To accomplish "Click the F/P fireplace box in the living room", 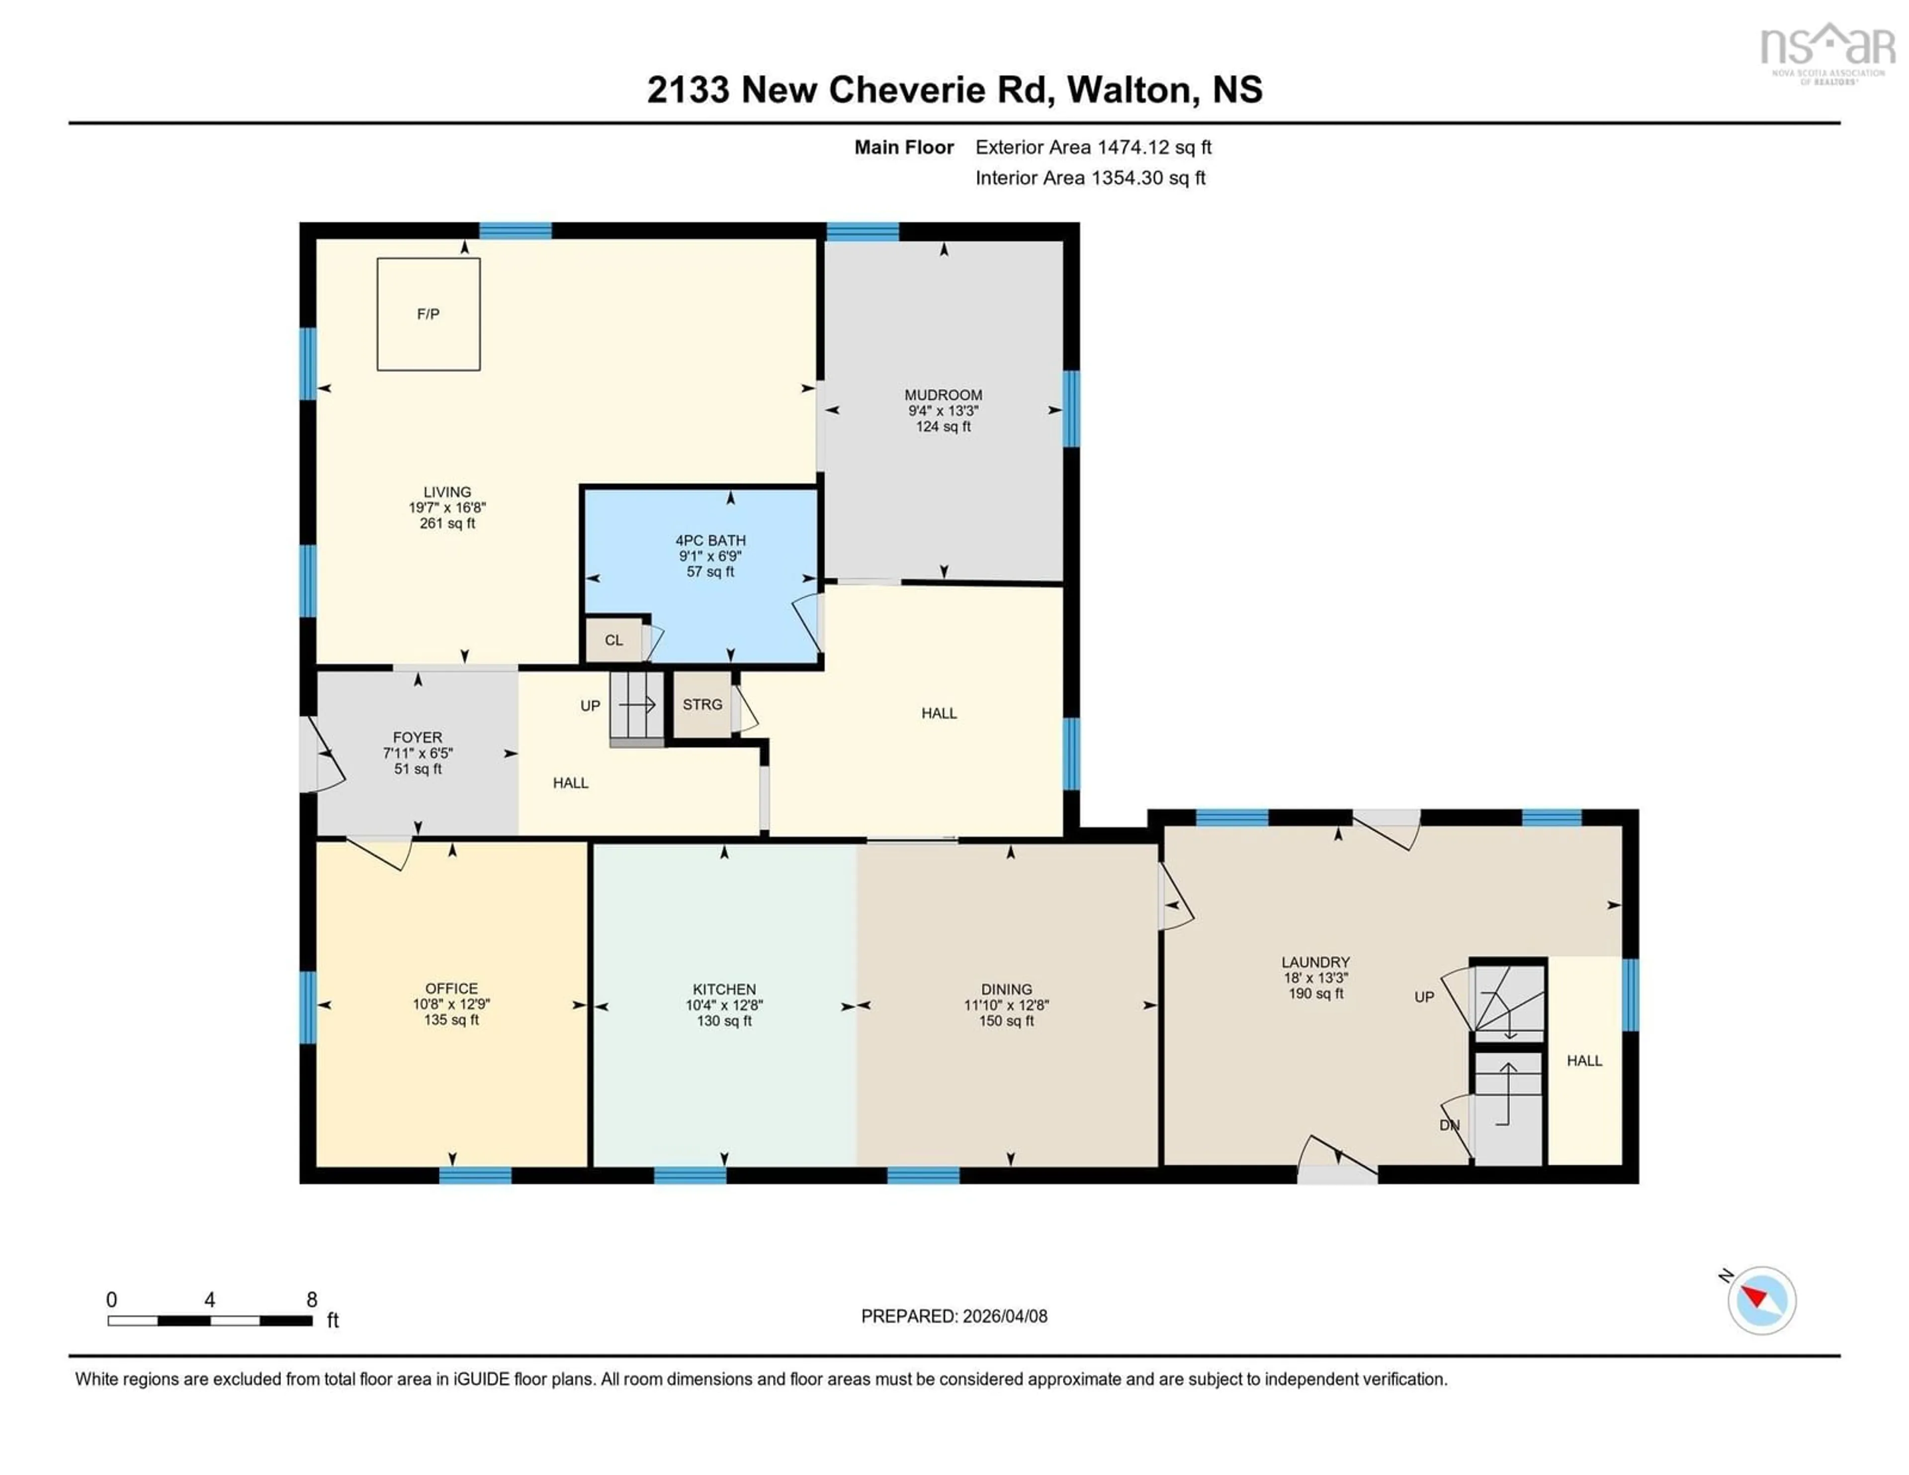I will [x=429, y=314].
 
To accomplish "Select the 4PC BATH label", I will [x=710, y=541].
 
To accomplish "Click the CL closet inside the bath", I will [x=613, y=640].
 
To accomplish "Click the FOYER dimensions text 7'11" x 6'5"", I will [x=417, y=753].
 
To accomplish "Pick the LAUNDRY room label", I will [x=1315, y=962].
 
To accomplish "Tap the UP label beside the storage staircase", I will [x=590, y=706].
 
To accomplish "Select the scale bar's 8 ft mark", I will [x=312, y=1300].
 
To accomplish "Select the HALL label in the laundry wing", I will [x=1584, y=1061].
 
